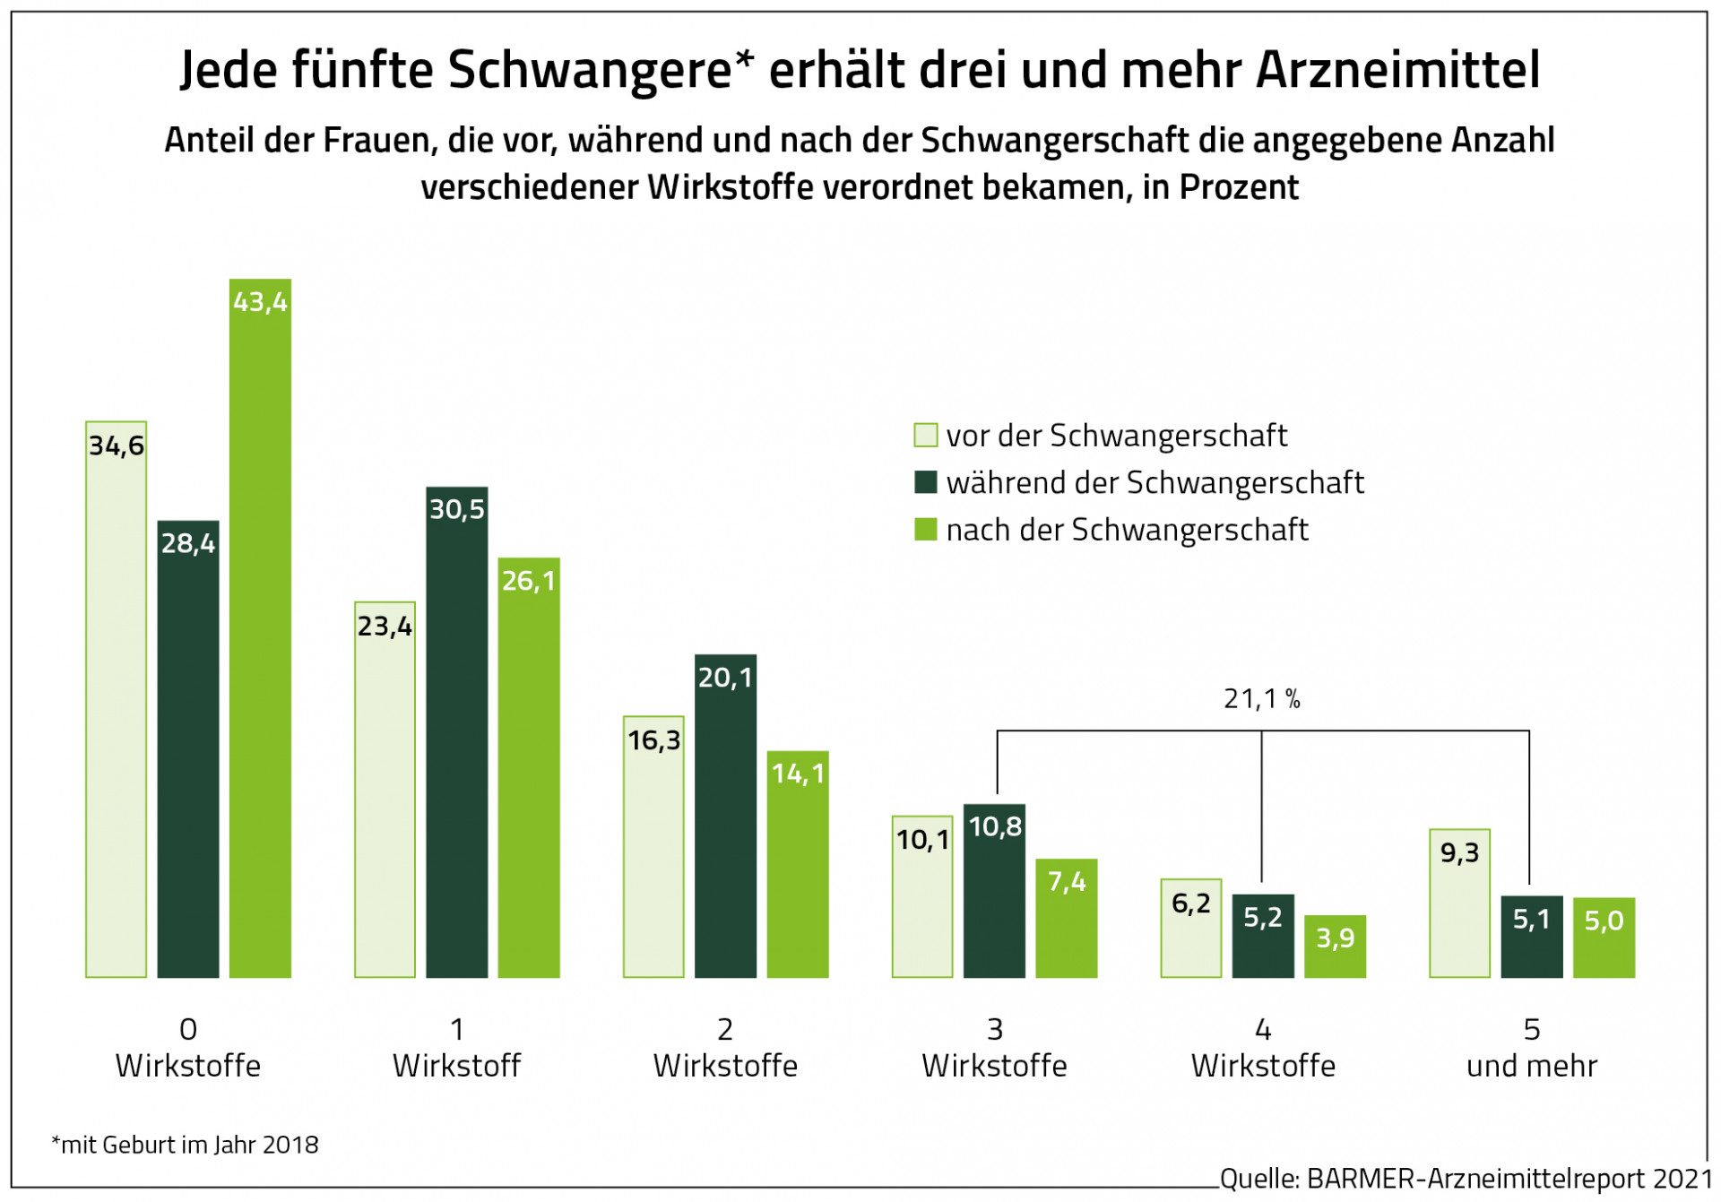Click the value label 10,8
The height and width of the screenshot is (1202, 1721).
pyautogui.click(x=995, y=826)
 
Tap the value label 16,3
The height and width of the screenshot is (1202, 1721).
pyautogui.click(x=653, y=740)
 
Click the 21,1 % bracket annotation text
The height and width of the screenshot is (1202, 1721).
pyautogui.click(x=1261, y=699)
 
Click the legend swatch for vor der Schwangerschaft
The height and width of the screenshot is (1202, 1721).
pyautogui.click(x=925, y=436)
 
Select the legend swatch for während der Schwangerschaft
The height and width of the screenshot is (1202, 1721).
pyautogui.click(x=925, y=482)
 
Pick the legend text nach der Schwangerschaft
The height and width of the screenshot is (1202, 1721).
pyautogui.click(x=1127, y=530)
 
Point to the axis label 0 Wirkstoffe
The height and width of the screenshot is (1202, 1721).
pyautogui.click(x=188, y=1048)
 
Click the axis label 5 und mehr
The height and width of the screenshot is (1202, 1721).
pyautogui.click(x=1532, y=1048)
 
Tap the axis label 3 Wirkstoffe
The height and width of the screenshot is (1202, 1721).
pyautogui.click(x=994, y=1048)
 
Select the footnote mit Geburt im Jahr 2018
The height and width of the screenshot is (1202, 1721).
pyautogui.click(x=186, y=1145)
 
